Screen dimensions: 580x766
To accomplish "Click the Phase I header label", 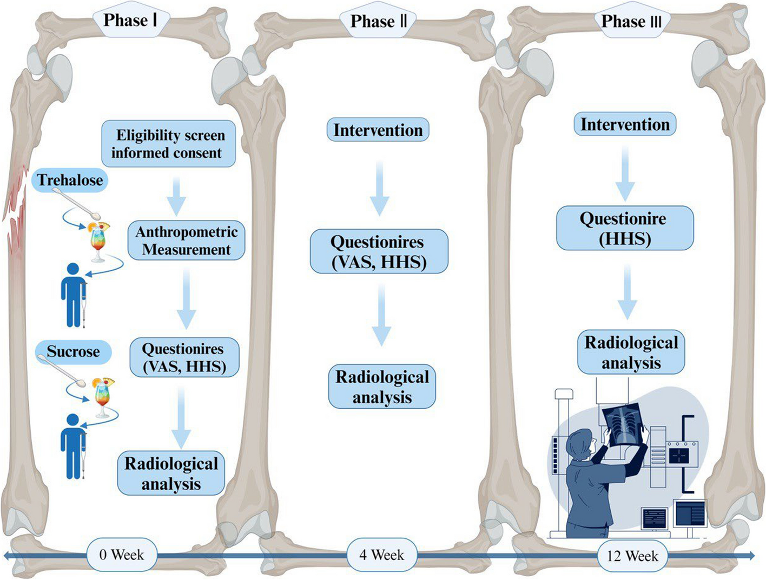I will [x=130, y=21].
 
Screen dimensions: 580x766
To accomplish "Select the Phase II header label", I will [x=378, y=22].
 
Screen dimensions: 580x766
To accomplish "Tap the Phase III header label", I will [x=631, y=22].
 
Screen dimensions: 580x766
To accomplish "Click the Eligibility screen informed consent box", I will [x=168, y=144].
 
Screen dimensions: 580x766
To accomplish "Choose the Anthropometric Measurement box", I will [x=186, y=241].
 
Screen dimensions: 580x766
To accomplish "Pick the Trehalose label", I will [x=70, y=180].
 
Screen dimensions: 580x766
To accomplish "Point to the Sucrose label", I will [x=73, y=352].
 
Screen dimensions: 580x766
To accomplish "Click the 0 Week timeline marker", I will [x=122, y=555].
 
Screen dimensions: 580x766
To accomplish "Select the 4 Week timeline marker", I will [x=381, y=555].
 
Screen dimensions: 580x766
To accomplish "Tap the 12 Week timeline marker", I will [x=632, y=556].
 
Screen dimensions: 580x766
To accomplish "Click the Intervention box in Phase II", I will [x=378, y=130].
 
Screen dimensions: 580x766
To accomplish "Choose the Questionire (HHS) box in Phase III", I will [x=624, y=228].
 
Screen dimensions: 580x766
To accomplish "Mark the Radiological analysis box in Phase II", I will [x=382, y=386].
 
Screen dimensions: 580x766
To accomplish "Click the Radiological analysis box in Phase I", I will [x=171, y=473].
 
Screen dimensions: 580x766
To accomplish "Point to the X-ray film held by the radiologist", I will [x=625, y=425].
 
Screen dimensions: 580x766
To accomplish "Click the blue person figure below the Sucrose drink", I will [x=72, y=446].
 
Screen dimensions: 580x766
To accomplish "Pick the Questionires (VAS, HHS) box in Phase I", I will [x=184, y=358].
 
